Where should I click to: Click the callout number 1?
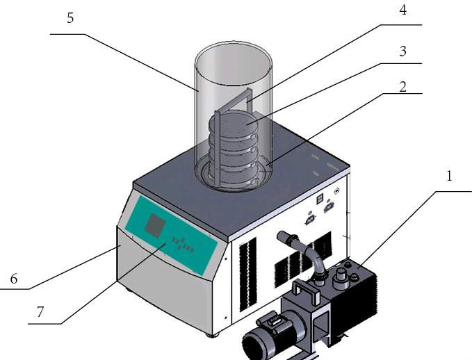pyautogui.click(x=448, y=177)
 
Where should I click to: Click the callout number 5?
pyautogui.click(x=70, y=18)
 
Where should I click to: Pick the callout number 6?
pyautogui.click(x=13, y=279)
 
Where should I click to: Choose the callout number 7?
pyautogui.click(x=40, y=312)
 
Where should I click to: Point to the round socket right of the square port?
pyautogui.click(x=337, y=189)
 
